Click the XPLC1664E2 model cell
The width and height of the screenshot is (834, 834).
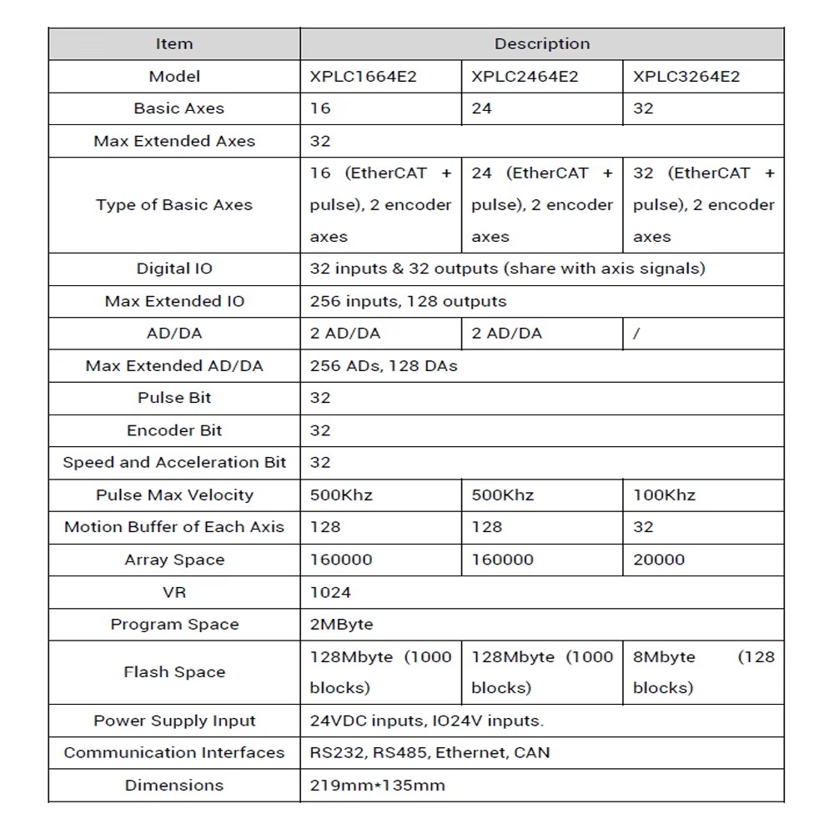tap(363, 77)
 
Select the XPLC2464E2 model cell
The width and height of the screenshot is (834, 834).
tap(525, 77)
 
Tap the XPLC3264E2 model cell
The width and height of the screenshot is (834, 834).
tap(686, 77)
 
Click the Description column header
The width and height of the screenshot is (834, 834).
tap(542, 44)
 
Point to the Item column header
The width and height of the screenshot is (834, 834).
tap(174, 44)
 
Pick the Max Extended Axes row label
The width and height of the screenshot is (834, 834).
tap(174, 141)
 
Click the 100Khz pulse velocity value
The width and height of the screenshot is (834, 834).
tap(664, 495)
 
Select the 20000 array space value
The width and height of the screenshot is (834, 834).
tap(659, 560)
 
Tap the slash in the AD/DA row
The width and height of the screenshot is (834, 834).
tap(637, 334)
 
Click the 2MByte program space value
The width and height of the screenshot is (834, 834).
tap(342, 624)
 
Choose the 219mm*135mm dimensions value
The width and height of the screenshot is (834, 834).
tap(378, 785)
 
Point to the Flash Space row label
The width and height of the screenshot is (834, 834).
tap(174, 672)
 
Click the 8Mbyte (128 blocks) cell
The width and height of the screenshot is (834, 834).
tap(703, 672)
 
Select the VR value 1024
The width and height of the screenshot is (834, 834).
tap(330, 592)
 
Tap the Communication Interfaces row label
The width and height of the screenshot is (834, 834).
tap(174, 752)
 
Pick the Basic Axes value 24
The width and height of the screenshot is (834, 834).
tap(481, 108)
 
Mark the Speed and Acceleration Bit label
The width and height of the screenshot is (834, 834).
tap(174, 462)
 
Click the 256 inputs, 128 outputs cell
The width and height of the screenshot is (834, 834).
tap(408, 301)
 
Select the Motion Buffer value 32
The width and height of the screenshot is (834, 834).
tap(643, 527)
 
